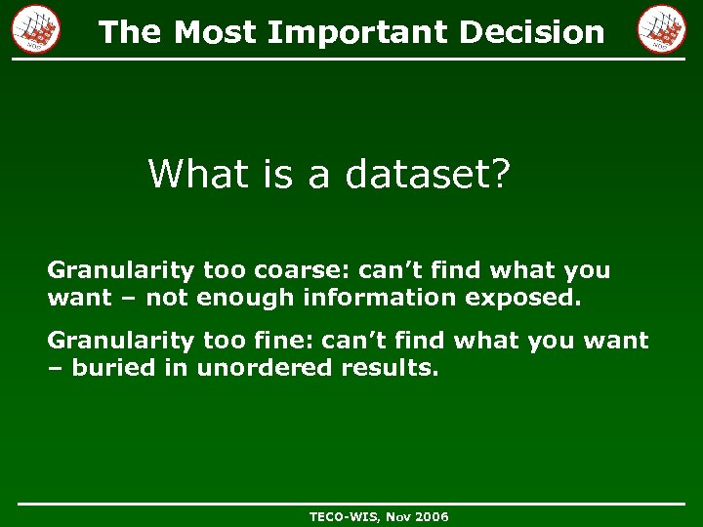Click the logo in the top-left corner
(36, 28)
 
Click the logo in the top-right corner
(662, 28)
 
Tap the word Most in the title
(217, 32)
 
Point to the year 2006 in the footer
(431, 516)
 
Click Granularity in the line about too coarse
(121, 270)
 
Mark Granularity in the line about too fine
(121, 341)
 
